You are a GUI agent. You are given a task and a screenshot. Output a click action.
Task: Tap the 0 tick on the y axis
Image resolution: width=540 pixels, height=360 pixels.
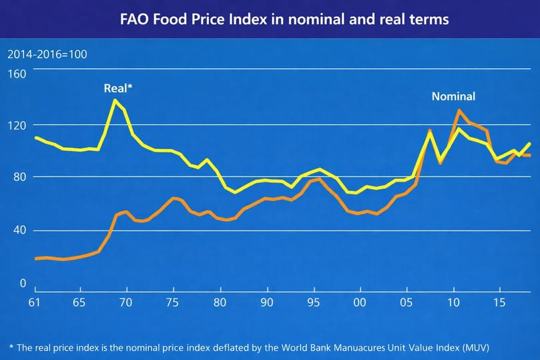click(x=21, y=283)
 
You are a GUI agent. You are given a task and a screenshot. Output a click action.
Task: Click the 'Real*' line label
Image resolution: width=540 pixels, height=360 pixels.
click(x=118, y=87)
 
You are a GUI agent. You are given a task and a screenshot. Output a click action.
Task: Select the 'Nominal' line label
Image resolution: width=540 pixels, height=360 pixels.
click(x=453, y=96)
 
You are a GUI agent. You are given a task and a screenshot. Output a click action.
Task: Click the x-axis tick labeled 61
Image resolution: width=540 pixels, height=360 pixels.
click(x=34, y=303)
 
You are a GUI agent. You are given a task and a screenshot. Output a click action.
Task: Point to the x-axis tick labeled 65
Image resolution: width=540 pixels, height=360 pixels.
click(x=79, y=303)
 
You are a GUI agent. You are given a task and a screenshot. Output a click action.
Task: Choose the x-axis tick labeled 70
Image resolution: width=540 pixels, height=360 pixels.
click(x=125, y=303)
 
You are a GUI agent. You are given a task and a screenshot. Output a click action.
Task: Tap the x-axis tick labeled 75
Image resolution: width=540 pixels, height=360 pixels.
click(x=172, y=303)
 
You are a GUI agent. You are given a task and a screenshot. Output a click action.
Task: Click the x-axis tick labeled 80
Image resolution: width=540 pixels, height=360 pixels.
click(x=219, y=303)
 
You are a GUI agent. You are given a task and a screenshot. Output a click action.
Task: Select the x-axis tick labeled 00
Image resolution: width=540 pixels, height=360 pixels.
click(x=359, y=303)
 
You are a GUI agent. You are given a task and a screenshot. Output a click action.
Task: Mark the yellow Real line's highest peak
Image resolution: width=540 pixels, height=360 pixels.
click(x=115, y=100)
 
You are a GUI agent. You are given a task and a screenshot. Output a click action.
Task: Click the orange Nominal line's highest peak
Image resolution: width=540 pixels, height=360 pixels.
click(x=458, y=110)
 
